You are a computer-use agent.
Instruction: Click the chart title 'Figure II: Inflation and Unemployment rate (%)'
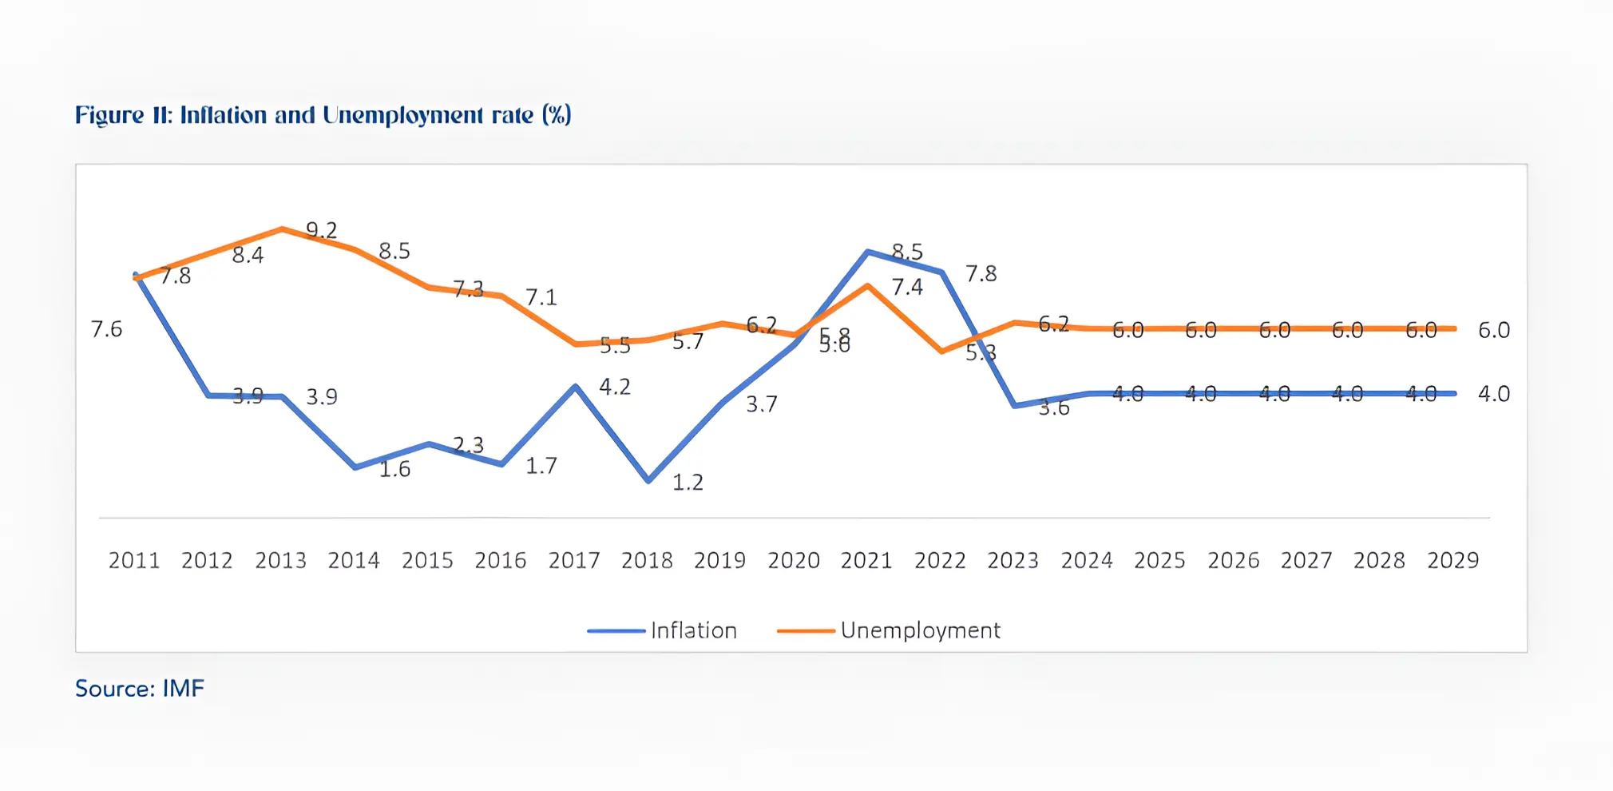[323, 116]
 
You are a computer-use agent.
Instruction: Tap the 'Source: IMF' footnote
[140, 689]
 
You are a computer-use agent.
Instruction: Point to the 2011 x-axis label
[134, 560]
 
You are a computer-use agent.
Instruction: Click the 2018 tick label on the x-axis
[647, 560]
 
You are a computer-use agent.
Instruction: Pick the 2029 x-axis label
[1452, 560]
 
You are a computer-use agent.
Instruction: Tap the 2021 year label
[866, 560]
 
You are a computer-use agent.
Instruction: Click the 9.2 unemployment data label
[322, 231]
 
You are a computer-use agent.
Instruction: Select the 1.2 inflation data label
[688, 483]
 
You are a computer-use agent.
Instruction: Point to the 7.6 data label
[106, 329]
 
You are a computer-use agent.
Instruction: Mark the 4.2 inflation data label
[615, 388]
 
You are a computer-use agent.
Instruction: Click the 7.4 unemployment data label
[907, 288]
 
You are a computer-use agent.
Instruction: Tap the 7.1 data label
[541, 298]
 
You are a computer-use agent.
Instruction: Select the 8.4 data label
[248, 256]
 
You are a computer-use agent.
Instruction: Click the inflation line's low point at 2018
[648, 481]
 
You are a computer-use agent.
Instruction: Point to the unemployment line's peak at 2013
[282, 229]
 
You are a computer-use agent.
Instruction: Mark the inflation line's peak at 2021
[868, 252]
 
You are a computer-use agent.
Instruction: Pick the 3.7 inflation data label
[762, 405]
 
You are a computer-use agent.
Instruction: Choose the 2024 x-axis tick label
[1087, 560]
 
